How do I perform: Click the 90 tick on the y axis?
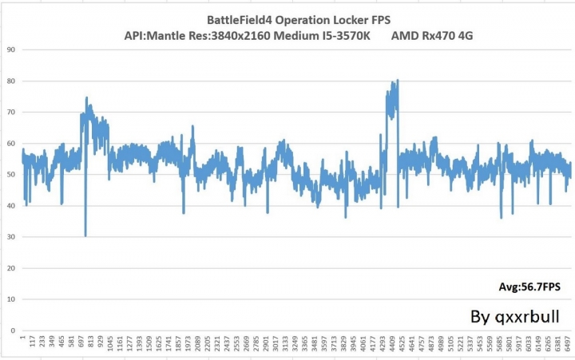tap(11, 49)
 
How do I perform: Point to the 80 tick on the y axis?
tap(11, 81)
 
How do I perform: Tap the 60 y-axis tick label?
tap(11, 143)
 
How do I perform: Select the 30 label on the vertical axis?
tap(11, 236)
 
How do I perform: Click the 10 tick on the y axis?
tap(11, 299)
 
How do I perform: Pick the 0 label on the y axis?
tap(14, 330)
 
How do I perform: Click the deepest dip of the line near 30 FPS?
tap(85, 235)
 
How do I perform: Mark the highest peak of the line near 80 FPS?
tap(397, 80)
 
